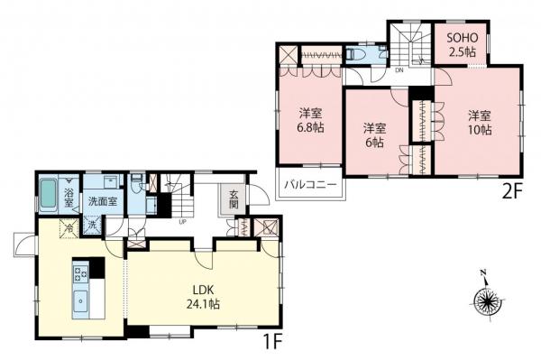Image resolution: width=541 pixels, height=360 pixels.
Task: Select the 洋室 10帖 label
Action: tap(479, 123)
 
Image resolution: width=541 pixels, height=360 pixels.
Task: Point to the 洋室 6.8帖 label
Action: tap(312, 121)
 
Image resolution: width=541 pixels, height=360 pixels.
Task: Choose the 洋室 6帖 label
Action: tap(375, 135)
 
